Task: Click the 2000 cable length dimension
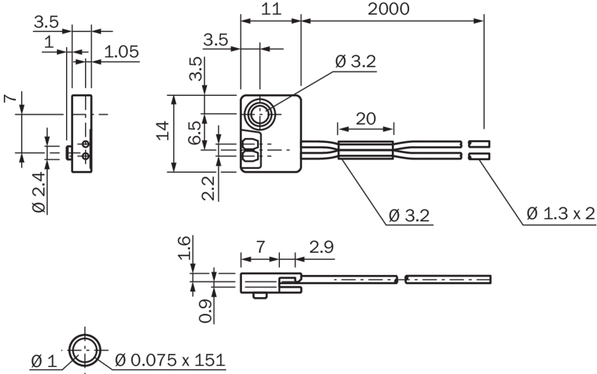point(392,8)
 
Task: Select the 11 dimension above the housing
point(270,8)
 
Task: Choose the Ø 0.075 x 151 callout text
point(170,361)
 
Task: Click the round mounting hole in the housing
point(259,116)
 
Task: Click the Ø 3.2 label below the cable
point(408,215)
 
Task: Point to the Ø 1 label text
point(44,361)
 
